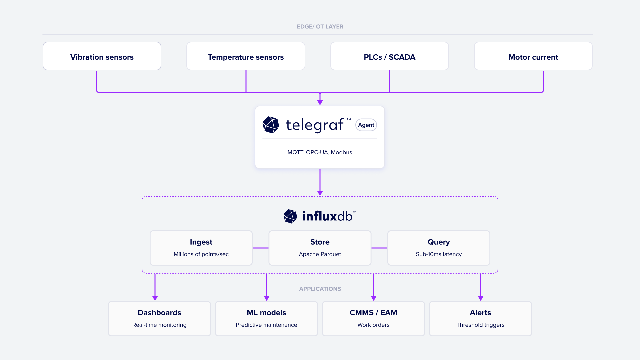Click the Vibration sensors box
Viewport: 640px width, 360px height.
click(102, 56)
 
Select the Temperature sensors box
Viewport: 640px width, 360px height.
click(246, 56)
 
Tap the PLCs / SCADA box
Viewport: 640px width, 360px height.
click(389, 56)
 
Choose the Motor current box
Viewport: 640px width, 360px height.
click(533, 56)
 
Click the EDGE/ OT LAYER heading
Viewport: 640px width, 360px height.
click(320, 27)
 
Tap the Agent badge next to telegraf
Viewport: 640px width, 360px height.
click(366, 125)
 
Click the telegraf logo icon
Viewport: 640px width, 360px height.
click(271, 125)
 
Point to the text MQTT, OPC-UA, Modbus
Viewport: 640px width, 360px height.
click(320, 152)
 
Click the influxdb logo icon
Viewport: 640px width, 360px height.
click(290, 216)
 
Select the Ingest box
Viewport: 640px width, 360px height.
click(201, 248)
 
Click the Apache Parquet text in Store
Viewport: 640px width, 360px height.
click(320, 254)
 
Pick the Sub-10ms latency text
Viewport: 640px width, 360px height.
click(439, 254)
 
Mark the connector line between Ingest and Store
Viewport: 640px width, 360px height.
click(261, 248)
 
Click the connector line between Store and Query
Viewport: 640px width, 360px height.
click(379, 248)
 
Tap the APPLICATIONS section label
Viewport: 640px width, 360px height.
click(320, 289)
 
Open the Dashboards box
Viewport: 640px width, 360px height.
click(159, 318)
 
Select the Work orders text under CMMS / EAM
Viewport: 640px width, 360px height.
click(373, 325)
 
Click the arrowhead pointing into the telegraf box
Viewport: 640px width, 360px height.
click(320, 103)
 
